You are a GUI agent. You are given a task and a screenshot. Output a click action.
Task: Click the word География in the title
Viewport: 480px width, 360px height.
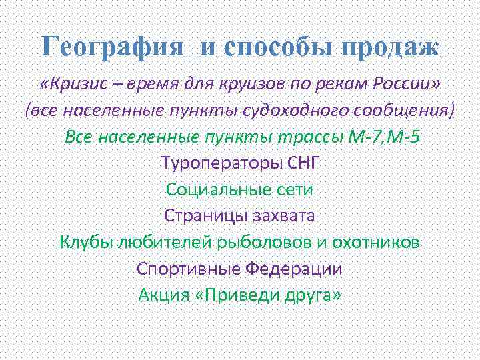tap(112, 47)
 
